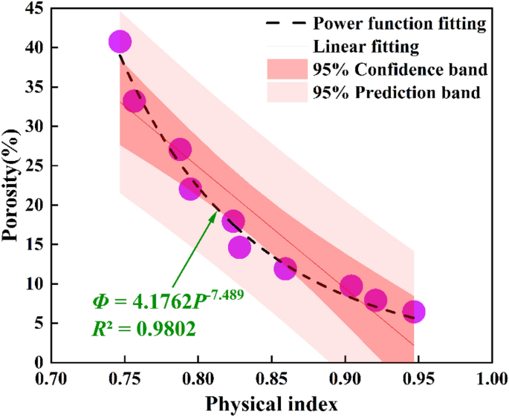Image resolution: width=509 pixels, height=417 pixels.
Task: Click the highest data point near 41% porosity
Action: [x=120, y=42]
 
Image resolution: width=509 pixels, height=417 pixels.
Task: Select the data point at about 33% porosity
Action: [x=134, y=102]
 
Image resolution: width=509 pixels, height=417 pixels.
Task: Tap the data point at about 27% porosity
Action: [x=180, y=150]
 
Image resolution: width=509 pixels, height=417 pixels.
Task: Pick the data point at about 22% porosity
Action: [x=189, y=189]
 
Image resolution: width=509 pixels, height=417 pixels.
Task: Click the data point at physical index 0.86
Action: [x=285, y=269]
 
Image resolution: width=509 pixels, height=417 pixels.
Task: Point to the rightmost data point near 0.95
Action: [x=415, y=312]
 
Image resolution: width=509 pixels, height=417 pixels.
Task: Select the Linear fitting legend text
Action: [x=366, y=47]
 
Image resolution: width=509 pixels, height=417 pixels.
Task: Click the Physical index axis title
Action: [x=272, y=404]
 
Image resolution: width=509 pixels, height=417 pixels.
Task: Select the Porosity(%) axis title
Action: [x=11, y=185]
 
